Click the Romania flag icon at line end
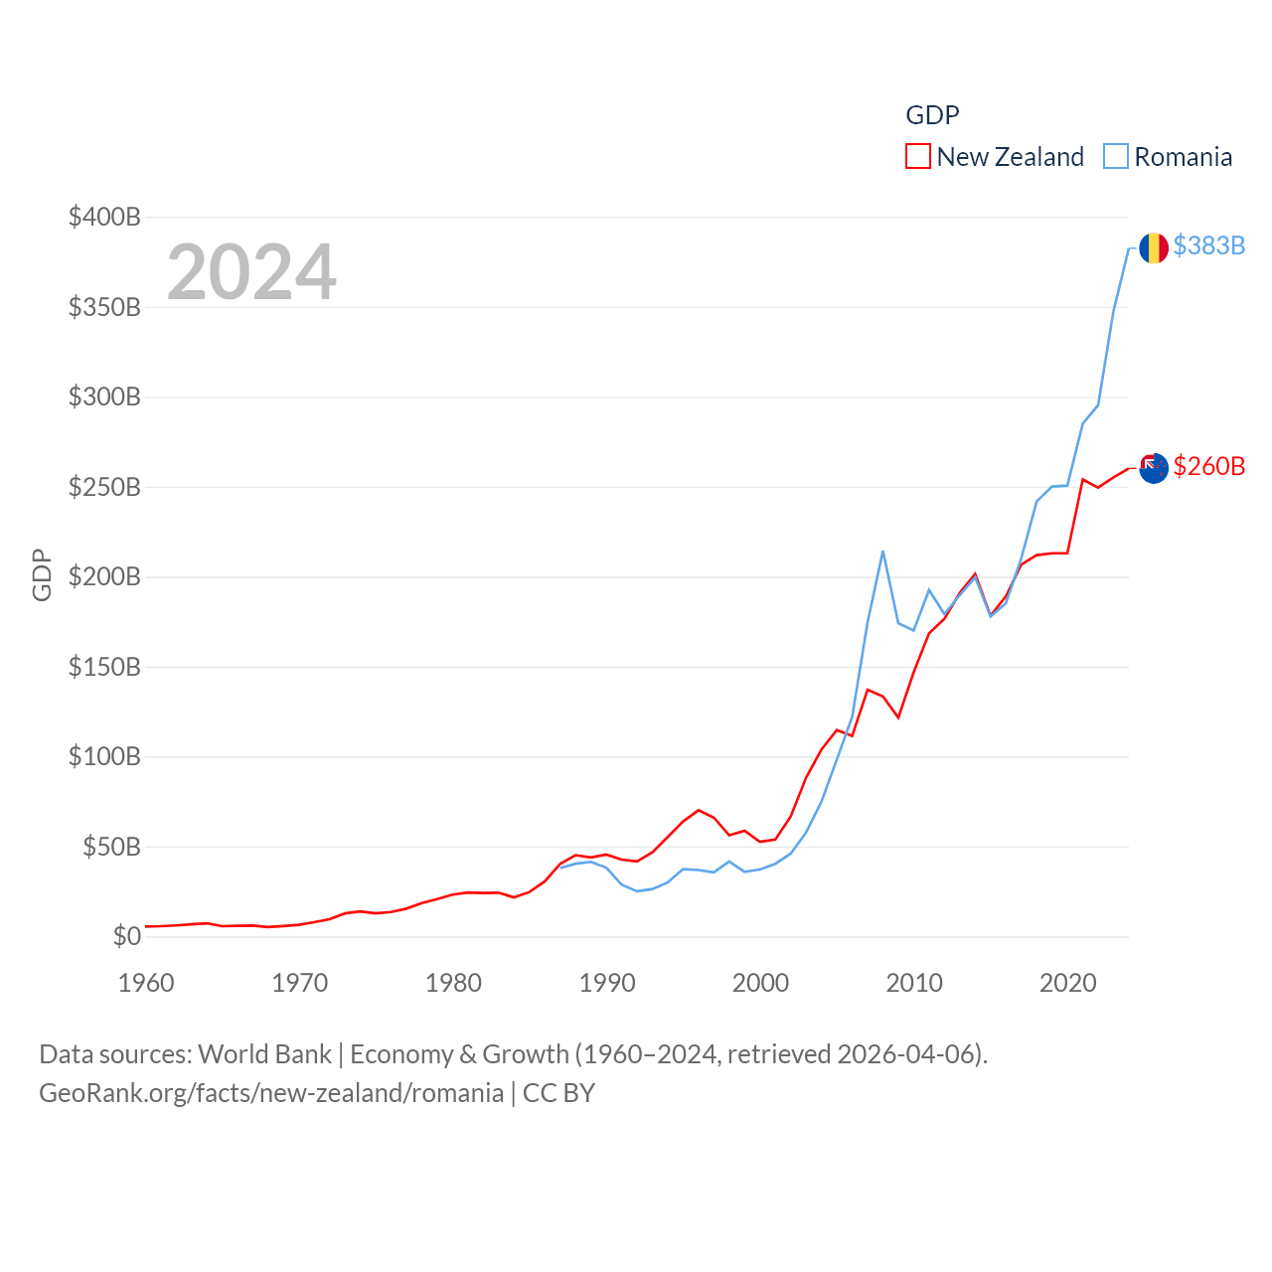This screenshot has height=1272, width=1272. [1153, 247]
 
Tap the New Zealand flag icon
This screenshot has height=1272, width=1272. [1153, 468]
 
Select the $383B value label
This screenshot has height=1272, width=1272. [1208, 245]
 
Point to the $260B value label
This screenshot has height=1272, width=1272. [1208, 466]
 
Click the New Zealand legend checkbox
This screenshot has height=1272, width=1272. [918, 157]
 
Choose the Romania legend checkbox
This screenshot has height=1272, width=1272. [1116, 157]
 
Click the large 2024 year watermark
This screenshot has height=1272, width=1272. [251, 272]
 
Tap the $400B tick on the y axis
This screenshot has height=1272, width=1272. [104, 217]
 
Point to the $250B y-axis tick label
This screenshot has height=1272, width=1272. [104, 487]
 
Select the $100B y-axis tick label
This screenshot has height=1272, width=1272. [104, 757]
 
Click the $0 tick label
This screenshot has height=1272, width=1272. [126, 936]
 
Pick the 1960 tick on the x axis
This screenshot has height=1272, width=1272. [146, 983]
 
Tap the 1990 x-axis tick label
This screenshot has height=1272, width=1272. [607, 983]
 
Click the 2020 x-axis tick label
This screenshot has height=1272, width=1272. [1068, 983]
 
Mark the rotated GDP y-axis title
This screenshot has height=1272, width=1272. [42, 575]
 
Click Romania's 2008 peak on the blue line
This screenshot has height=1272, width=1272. [882, 552]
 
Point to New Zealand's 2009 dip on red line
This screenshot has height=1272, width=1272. [898, 716]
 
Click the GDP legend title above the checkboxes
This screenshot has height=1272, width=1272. [932, 115]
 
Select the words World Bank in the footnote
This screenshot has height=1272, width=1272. [264, 1054]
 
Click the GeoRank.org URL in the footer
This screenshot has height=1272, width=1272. [271, 1093]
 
